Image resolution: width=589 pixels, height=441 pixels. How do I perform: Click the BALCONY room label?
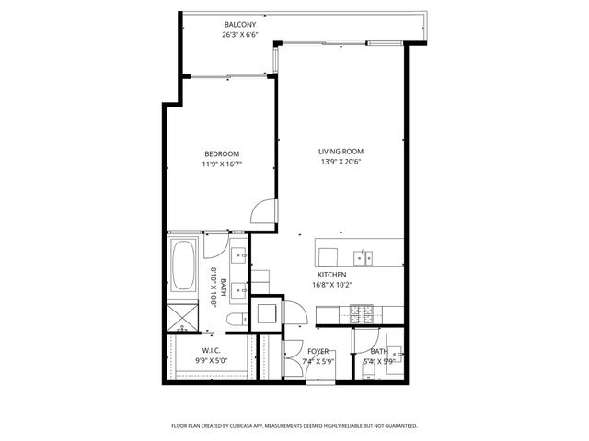[240, 24]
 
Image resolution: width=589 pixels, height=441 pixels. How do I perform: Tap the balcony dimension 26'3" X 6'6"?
[240, 35]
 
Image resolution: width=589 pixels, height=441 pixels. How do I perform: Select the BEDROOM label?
[222, 153]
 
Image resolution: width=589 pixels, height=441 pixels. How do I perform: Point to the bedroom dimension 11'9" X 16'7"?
[222, 164]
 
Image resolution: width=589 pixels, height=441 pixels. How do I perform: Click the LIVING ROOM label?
[341, 152]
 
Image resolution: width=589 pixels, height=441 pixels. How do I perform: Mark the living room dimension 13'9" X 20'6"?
[341, 163]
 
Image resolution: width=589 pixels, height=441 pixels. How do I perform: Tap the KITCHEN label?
[331, 275]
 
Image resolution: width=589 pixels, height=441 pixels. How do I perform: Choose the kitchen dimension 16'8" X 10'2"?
[331, 285]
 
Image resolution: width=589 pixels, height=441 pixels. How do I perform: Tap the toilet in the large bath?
[236, 319]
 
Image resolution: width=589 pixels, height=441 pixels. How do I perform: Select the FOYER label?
[318, 351]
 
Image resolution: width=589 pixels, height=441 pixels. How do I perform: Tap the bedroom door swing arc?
[264, 213]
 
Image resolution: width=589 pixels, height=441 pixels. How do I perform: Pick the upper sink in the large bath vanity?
[240, 255]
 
